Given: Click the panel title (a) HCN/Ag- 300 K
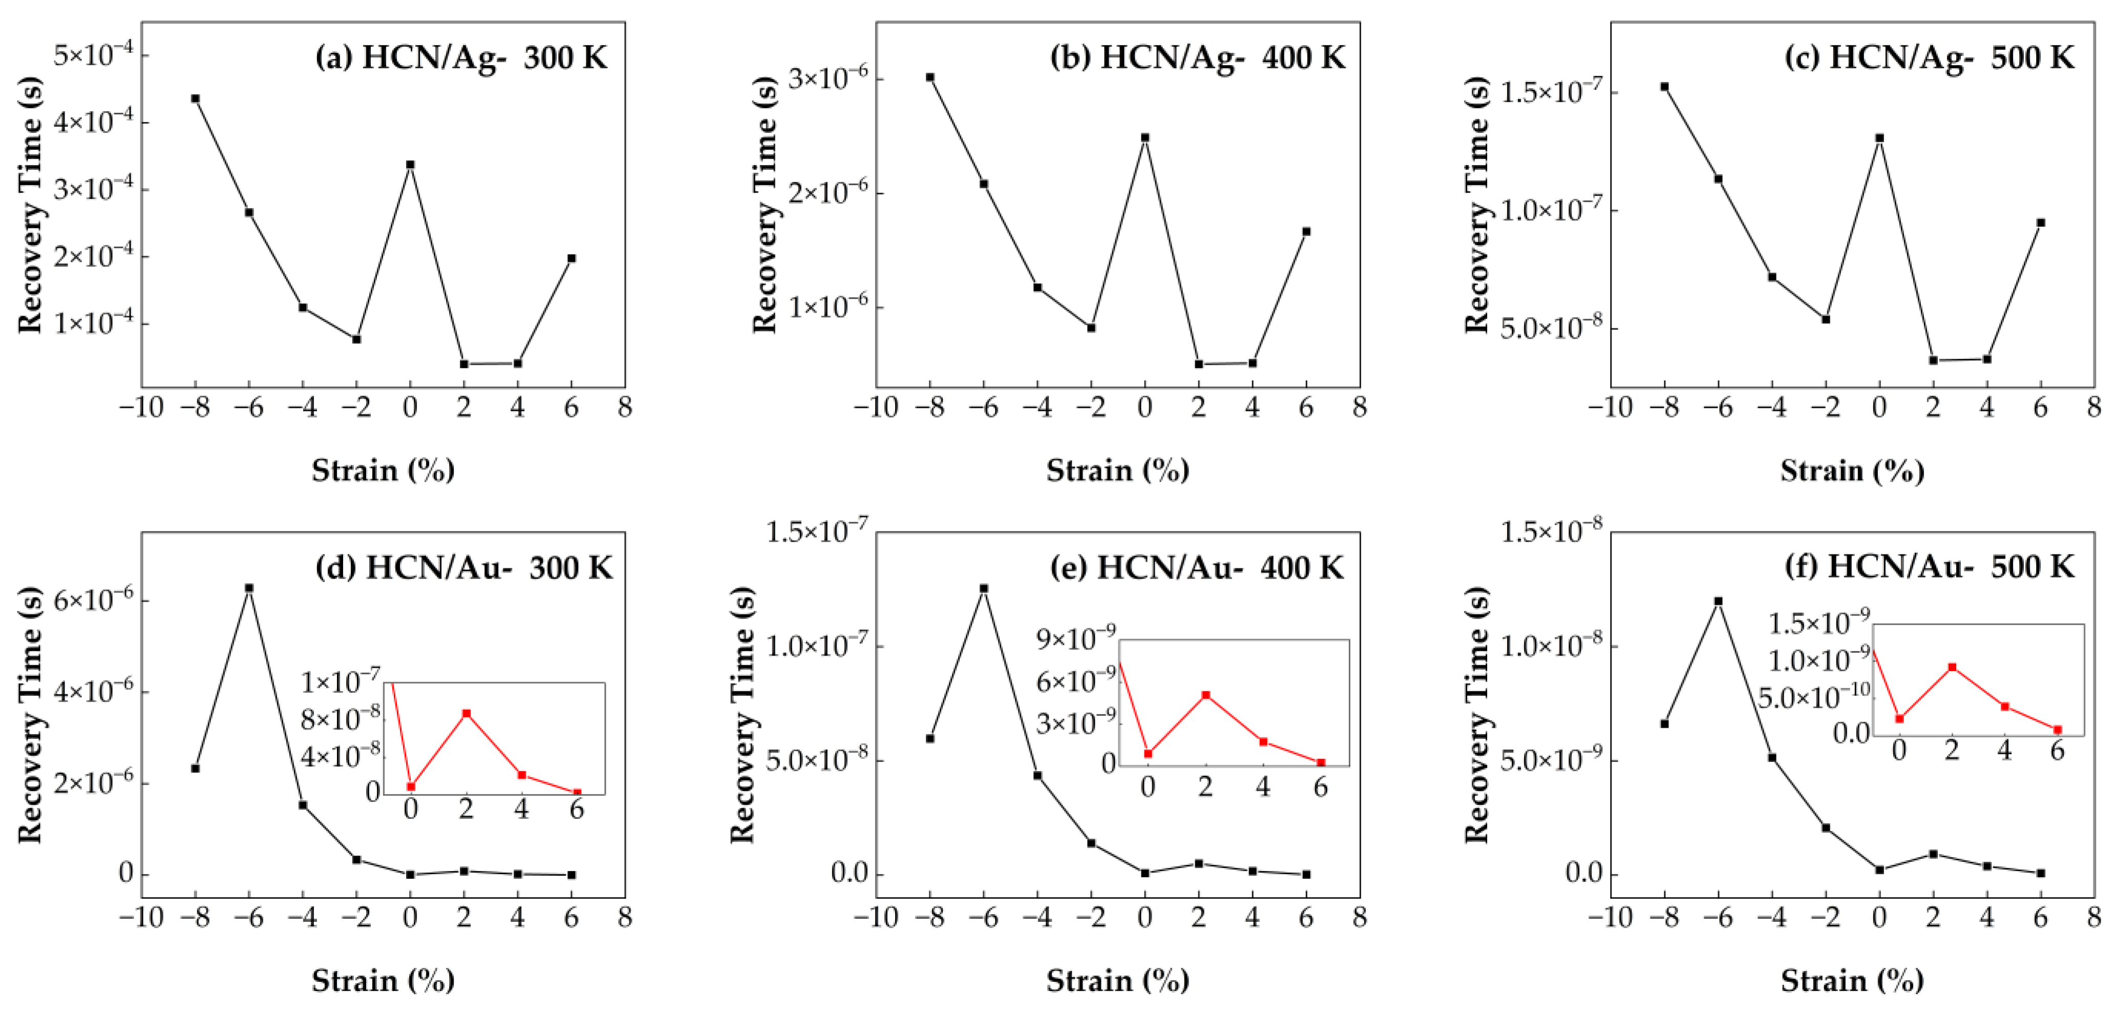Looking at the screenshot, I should pos(461,57).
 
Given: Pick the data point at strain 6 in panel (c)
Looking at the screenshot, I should pos(2040,223).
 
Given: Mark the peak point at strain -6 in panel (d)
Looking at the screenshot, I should pos(249,588).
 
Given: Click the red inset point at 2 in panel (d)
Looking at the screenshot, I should pos(467,713).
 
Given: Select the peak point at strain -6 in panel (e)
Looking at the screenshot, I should pos(984,588).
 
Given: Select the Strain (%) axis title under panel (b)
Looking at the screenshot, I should pos(1117,471).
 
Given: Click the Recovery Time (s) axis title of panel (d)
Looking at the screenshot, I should pos(30,715).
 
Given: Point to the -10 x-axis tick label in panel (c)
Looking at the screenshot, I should pos(1610,407).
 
